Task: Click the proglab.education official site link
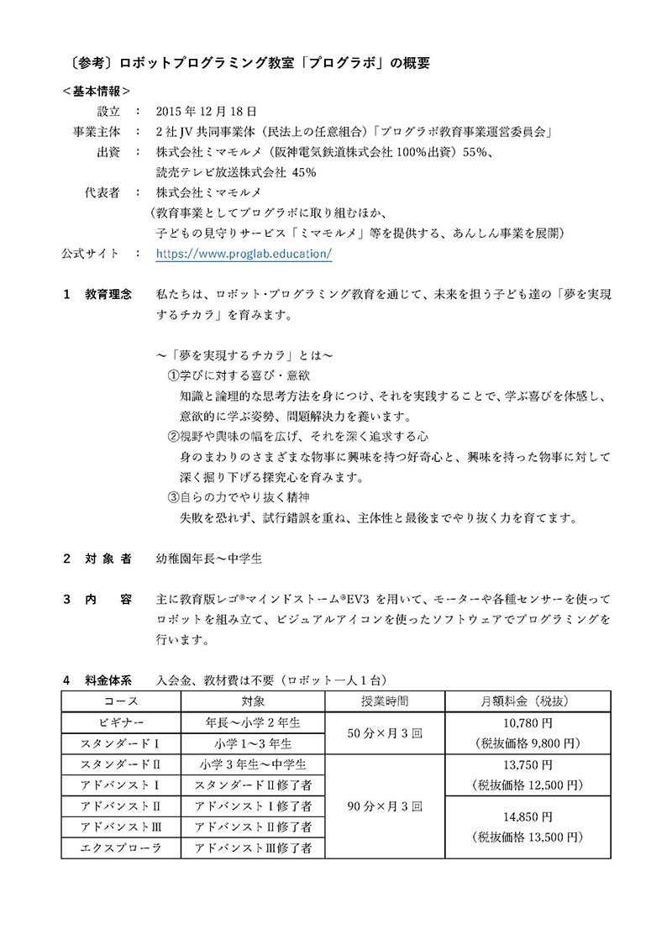tap(244, 253)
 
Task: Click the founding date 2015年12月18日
tap(207, 111)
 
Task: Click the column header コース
tap(120, 701)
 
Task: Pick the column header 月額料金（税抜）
tap(528, 701)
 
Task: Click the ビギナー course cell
tap(120, 722)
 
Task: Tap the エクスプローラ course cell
tap(120, 848)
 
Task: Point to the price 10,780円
tap(528, 722)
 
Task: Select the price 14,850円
tap(528, 816)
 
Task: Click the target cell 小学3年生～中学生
tap(253, 764)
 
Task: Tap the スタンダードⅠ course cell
tap(120, 743)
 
